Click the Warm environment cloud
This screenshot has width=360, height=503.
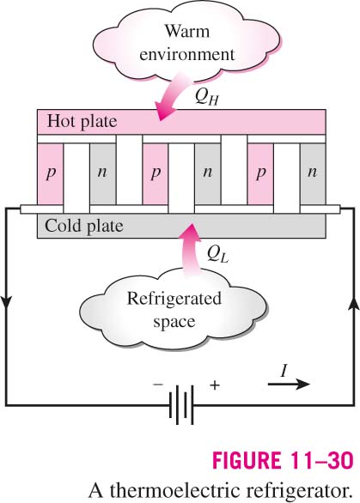(x=187, y=43)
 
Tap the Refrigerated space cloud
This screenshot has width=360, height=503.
(x=174, y=310)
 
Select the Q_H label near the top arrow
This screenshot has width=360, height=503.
(x=207, y=96)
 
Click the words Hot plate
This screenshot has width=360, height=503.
(x=82, y=122)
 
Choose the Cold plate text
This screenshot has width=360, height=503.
(x=84, y=226)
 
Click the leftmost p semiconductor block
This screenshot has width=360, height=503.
(x=51, y=174)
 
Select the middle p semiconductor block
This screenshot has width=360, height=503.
(x=156, y=174)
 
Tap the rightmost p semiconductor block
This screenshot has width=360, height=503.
(x=260, y=174)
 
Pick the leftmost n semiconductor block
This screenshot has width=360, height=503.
(x=103, y=174)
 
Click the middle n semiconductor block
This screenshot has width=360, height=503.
(x=208, y=174)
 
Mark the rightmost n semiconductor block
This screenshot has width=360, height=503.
(x=313, y=174)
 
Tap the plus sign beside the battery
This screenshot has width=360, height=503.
(x=215, y=385)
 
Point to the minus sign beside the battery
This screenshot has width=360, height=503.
(x=158, y=384)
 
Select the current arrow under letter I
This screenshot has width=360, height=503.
(x=289, y=384)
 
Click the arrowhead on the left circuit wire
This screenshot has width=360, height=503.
(x=7, y=302)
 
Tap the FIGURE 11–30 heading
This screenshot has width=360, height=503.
(x=283, y=461)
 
